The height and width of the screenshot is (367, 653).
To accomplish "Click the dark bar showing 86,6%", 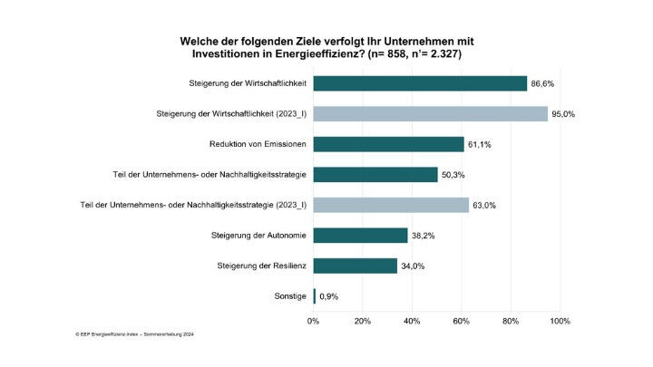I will [x=420, y=83].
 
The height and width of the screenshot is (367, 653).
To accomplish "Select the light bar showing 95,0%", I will [x=431, y=114].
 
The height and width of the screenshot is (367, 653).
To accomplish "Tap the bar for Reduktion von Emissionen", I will [x=388, y=144].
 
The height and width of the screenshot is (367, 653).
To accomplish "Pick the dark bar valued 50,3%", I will [x=375, y=175].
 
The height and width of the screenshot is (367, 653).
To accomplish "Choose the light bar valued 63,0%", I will [x=391, y=206].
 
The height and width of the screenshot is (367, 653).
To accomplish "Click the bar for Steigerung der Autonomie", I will [x=360, y=236].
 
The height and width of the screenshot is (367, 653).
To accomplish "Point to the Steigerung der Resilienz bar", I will [x=356, y=266].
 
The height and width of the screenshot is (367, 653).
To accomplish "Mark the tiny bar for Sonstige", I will [x=315, y=296].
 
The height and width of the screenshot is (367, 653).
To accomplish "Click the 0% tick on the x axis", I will [x=314, y=321].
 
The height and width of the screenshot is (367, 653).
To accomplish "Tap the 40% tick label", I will [x=412, y=321].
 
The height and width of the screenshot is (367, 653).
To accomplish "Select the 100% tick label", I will [x=560, y=321].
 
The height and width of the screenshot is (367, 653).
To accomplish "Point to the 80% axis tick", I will [x=511, y=321].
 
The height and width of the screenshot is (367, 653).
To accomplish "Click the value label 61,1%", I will [x=481, y=144].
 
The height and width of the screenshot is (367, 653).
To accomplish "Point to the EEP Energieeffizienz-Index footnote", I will [x=135, y=334].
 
